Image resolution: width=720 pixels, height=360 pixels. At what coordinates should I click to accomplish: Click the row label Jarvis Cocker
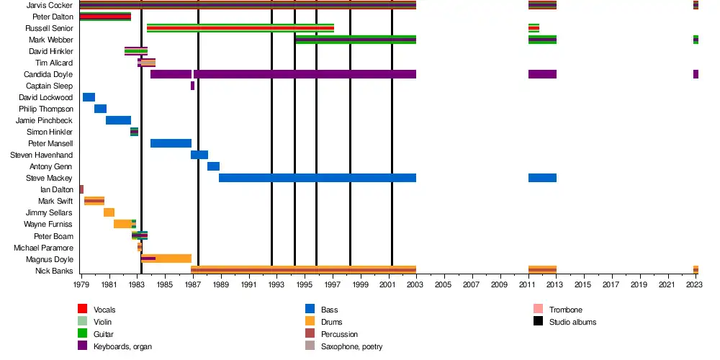tap(49, 5)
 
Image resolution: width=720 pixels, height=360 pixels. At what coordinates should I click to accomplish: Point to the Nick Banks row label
tap(54, 271)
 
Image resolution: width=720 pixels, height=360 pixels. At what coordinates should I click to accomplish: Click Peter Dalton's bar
tap(105, 17)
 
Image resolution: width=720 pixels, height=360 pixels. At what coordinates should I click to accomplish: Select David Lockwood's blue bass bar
tap(89, 97)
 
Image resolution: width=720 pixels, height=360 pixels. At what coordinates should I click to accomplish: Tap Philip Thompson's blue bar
tap(100, 109)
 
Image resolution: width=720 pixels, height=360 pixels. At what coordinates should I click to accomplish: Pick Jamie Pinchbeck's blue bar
tap(118, 120)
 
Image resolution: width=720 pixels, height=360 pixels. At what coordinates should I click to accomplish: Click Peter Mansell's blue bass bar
tap(171, 143)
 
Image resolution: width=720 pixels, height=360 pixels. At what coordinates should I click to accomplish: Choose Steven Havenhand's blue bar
tap(199, 155)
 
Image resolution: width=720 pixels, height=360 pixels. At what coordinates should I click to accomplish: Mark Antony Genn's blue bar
tap(213, 166)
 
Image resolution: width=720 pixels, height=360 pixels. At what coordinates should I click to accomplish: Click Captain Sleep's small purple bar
tap(192, 86)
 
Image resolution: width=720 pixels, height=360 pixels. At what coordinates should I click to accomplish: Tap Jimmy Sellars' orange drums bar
tap(109, 212)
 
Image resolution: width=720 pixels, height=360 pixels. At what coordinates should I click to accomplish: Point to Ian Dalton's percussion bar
tap(81, 189)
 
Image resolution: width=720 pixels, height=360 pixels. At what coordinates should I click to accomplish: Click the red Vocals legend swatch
tap(82, 310)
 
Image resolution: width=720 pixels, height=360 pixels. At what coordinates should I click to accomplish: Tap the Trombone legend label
tap(565, 310)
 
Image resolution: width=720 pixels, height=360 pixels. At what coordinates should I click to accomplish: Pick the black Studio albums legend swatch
tap(538, 322)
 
